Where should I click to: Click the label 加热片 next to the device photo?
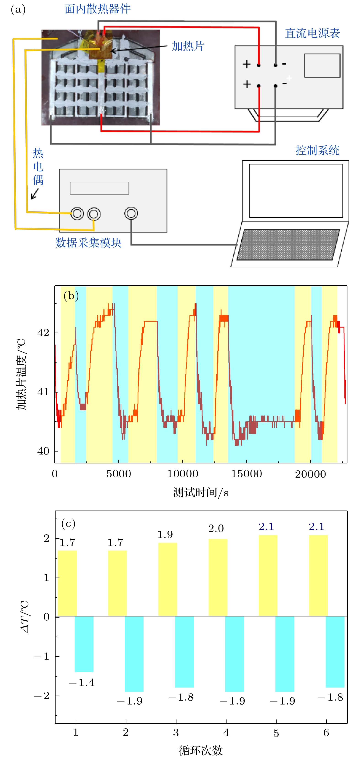(188, 46)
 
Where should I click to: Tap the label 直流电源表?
(312, 33)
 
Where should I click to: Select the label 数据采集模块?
(88, 243)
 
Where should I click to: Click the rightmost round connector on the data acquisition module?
(131, 213)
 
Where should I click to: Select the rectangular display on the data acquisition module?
(99, 188)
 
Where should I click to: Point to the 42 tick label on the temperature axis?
(43, 333)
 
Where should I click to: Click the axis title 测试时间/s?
(201, 492)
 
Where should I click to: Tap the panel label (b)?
(71, 296)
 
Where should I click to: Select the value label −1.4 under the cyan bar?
(82, 682)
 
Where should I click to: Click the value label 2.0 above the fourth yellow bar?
(216, 529)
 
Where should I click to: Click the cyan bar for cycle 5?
(285, 653)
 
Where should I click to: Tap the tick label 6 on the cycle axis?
(326, 733)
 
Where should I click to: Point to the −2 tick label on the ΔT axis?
(43, 696)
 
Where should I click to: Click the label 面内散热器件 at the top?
(97, 9)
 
